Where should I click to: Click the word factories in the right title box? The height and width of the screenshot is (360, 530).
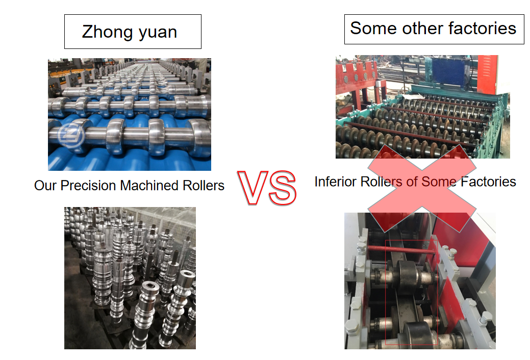(482, 28)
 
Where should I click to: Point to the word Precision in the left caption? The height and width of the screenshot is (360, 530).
(89, 186)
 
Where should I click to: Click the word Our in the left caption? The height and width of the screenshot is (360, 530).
(45, 186)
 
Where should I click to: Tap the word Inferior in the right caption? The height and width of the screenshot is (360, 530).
(336, 182)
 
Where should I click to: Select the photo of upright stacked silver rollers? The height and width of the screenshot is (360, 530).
(130, 278)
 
